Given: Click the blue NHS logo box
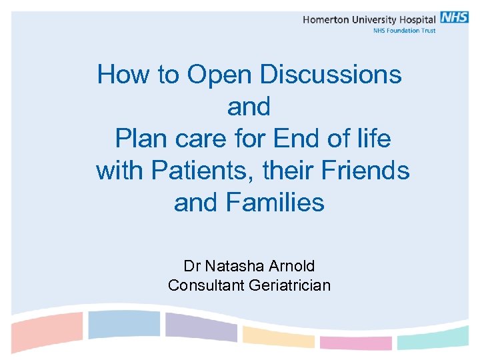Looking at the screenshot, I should point(455,18).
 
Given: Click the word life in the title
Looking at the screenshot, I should point(373,139).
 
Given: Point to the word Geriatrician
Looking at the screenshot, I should point(289,285).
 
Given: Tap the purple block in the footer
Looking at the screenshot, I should point(200,327).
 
